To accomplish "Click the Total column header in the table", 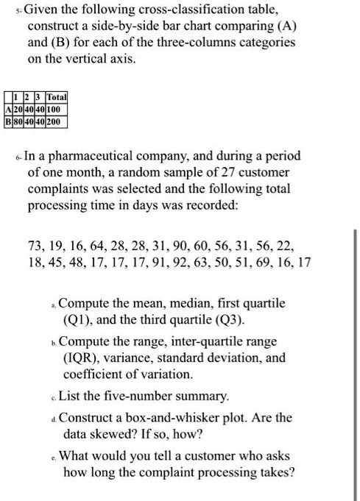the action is tap(57, 96).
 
